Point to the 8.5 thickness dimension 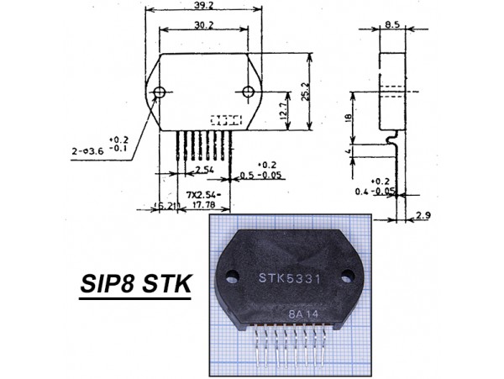point(391,25)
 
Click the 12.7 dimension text point(285,110)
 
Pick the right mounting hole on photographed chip point(347,274)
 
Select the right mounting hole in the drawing point(248,92)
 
